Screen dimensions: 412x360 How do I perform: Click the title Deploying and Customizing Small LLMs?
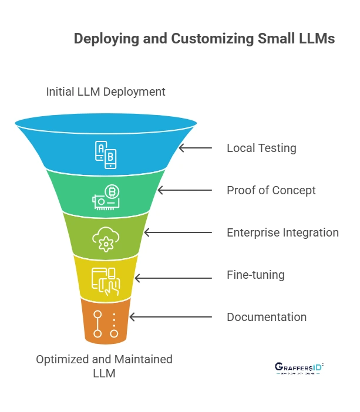[x=204, y=39]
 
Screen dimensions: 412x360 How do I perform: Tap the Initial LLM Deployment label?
[x=106, y=92]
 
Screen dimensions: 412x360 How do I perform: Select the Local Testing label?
[x=261, y=148]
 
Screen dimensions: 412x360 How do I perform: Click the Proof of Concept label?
[x=271, y=190]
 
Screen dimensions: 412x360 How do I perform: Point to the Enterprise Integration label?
[x=282, y=232]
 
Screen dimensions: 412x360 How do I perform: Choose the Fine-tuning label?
[x=255, y=275]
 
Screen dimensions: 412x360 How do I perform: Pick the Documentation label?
[x=267, y=317]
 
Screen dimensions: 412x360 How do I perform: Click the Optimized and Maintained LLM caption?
[x=104, y=366]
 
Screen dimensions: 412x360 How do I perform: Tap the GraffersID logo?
[x=299, y=368]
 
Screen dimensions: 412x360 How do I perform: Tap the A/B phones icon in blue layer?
[x=106, y=154]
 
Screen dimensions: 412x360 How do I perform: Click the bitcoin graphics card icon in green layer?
[x=106, y=197]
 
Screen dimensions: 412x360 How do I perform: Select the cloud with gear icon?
[x=106, y=238]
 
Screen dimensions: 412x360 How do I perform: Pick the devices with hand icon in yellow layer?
[x=106, y=281]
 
